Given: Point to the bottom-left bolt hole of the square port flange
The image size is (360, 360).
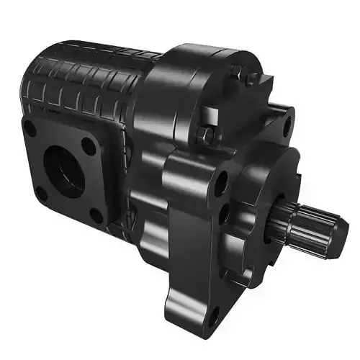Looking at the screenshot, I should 42,193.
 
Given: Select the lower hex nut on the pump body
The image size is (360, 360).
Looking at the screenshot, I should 207,134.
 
